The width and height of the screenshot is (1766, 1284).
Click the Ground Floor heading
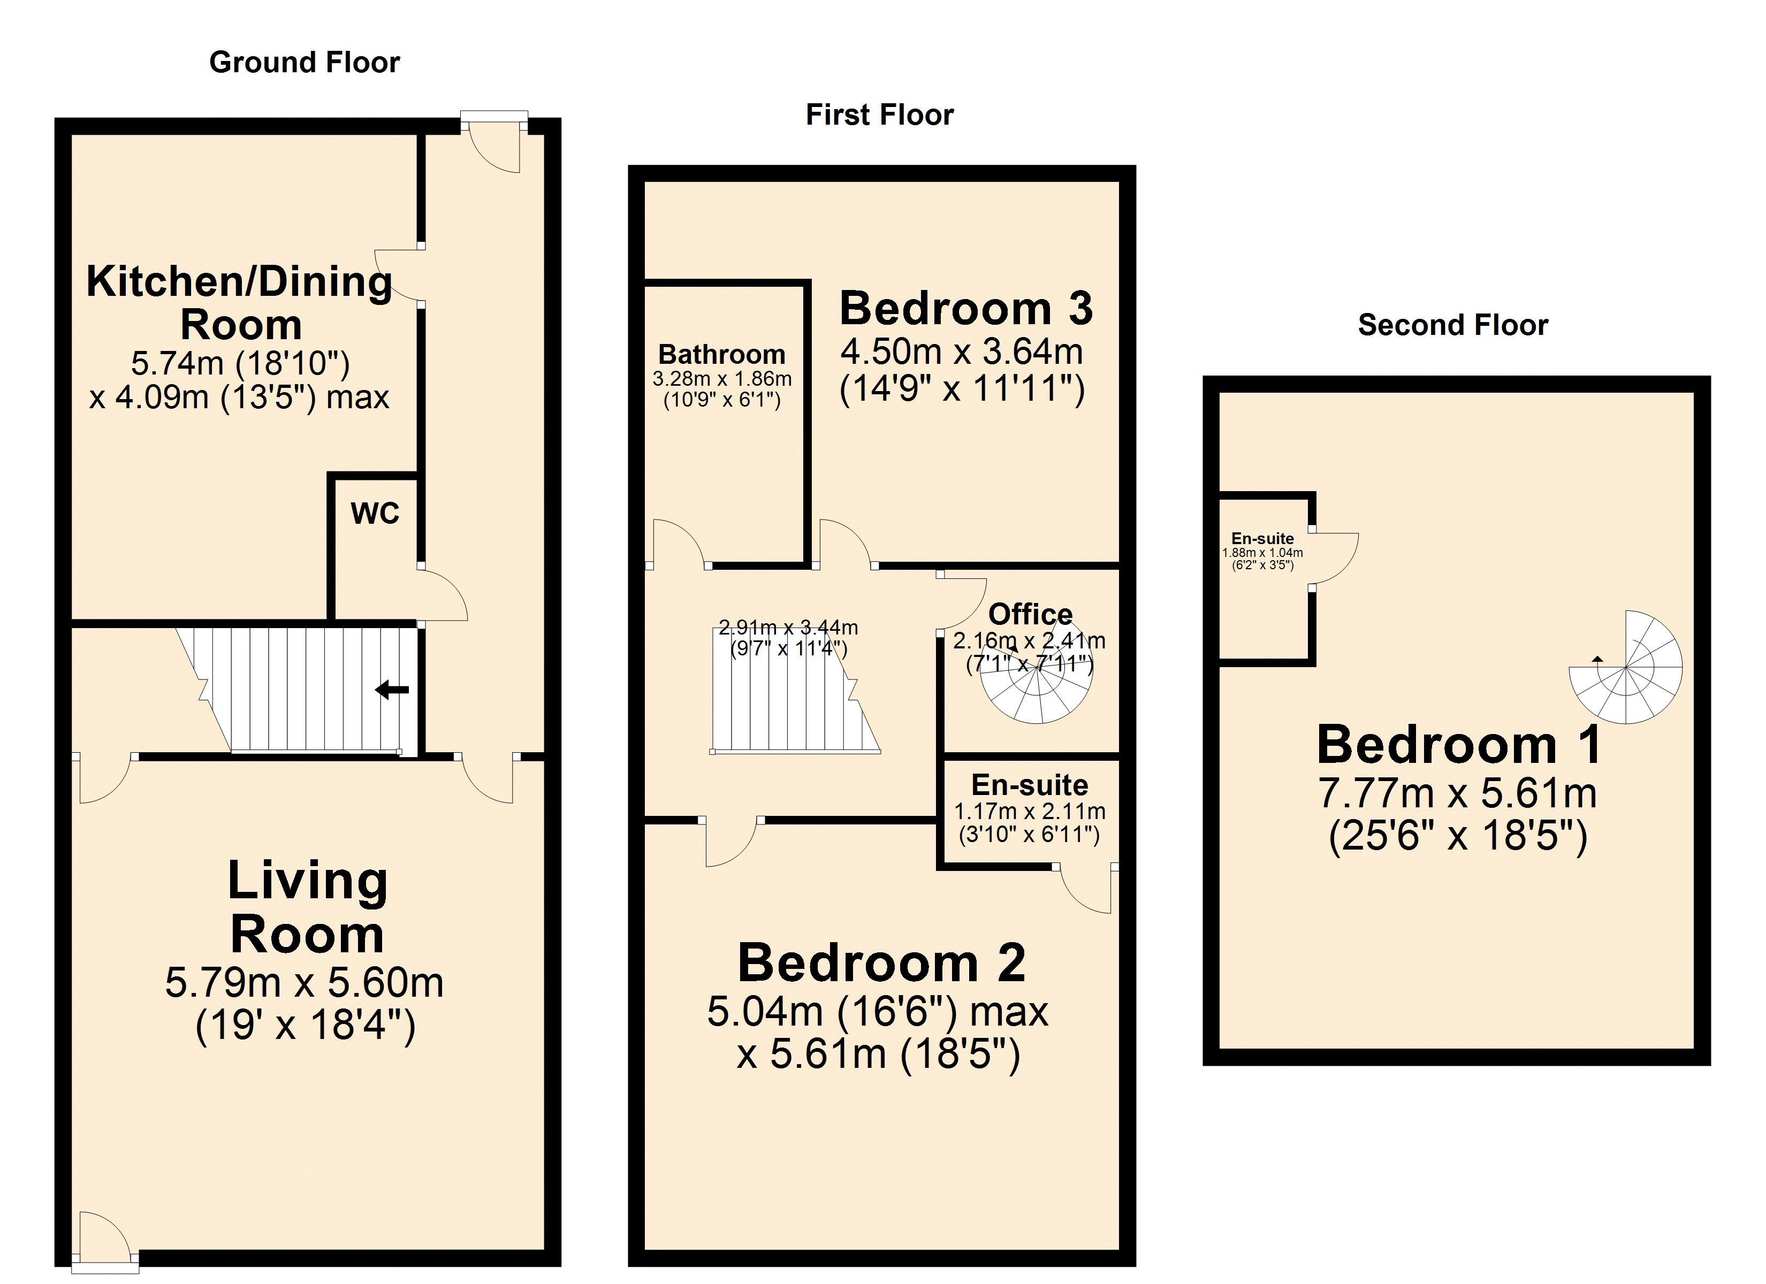pyautogui.click(x=305, y=62)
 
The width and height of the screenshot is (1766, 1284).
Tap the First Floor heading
pyautogui.click(x=879, y=115)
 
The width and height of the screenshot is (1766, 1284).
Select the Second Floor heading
pyautogui.click(x=1453, y=325)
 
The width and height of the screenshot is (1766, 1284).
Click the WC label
pyautogui.click(x=375, y=513)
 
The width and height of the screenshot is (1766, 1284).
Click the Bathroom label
pyautogui.click(x=722, y=354)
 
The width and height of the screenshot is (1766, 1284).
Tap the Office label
pyautogui.click(x=1030, y=614)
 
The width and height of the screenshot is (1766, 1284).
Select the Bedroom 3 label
pyautogui.click(x=966, y=308)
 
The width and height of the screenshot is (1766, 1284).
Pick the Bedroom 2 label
pyautogui.click(x=881, y=963)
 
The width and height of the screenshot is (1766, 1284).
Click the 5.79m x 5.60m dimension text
pyautogui.click(x=305, y=983)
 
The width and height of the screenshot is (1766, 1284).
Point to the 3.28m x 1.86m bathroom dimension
pyautogui.click(x=722, y=379)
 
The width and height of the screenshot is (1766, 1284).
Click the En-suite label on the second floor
pyautogui.click(x=1262, y=538)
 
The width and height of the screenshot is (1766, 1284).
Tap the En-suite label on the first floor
pyautogui.click(x=1030, y=785)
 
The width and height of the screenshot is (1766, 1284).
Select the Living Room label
pyautogui.click(x=308, y=908)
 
